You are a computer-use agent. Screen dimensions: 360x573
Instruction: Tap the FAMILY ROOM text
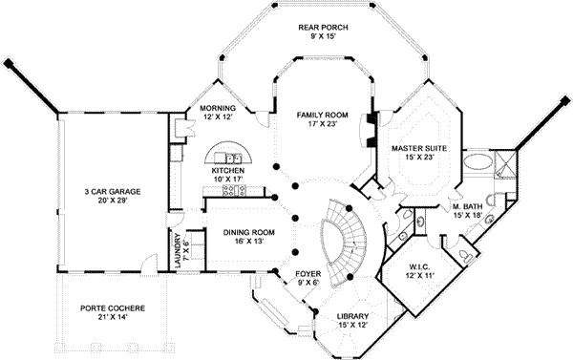pyautogui.click(x=321, y=115)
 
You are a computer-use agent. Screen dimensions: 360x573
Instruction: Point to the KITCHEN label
pyautogui.click(x=228, y=170)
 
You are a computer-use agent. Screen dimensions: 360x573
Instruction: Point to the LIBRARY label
pyautogui.click(x=352, y=318)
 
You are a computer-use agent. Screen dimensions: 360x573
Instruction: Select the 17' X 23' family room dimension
pyautogui.click(x=321, y=124)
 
